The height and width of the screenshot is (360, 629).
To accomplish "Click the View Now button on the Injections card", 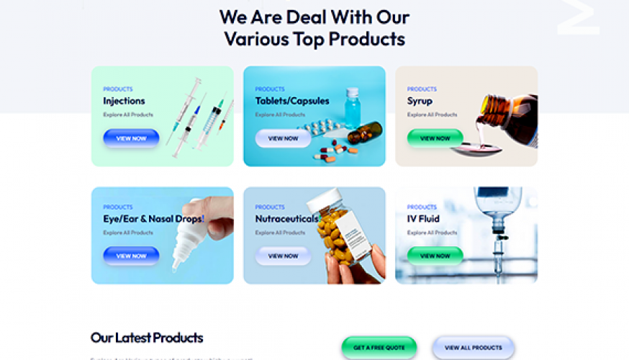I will [x=131, y=138].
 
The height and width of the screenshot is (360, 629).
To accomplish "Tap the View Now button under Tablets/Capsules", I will [x=283, y=138].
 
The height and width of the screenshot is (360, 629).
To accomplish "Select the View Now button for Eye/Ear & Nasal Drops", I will [x=131, y=256].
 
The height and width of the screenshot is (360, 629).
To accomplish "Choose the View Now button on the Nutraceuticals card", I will [x=283, y=256].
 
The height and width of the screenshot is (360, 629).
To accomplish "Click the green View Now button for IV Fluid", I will [x=435, y=256].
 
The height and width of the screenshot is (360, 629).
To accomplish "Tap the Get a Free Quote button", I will [x=379, y=348].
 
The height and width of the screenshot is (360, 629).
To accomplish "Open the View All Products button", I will [x=473, y=348].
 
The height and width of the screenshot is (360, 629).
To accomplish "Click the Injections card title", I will [x=124, y=101].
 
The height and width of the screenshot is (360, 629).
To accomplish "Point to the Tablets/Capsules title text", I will [x=291, y=101].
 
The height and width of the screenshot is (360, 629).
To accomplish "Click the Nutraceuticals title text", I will [x=286, y=218].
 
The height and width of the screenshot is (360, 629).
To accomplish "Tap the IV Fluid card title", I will [x=423, y=218].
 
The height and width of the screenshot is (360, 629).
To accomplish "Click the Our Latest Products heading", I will [x=147, y=338].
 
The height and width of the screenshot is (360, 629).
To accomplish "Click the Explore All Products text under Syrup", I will [x=432, y=114].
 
